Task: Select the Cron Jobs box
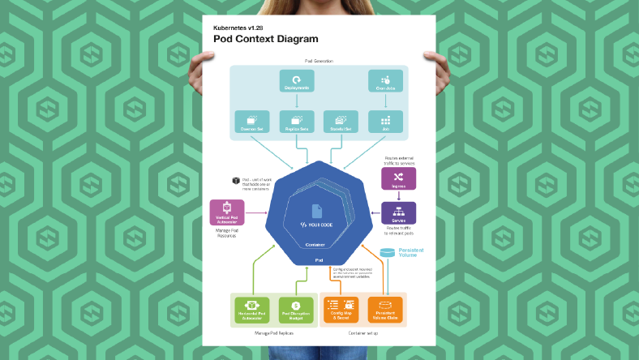(385, 82)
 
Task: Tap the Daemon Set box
(251, 122)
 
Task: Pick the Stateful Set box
(341, 122)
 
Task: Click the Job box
(385, 122)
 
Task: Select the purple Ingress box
(398, 178)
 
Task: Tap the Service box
(398, 213)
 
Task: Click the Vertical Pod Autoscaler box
(227, 213)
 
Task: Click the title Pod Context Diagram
(266, 38)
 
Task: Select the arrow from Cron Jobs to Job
(385, 101)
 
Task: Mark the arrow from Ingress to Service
(398, 195)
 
